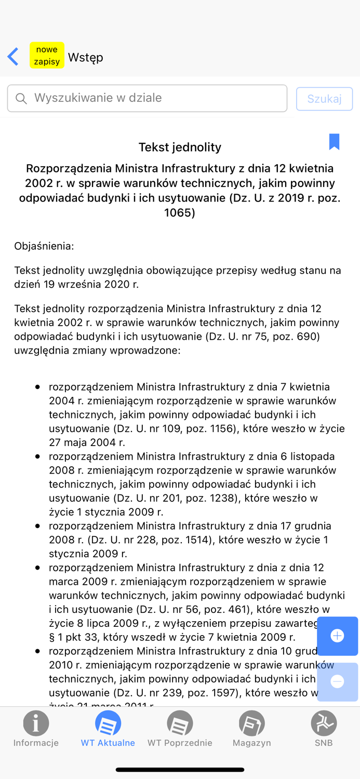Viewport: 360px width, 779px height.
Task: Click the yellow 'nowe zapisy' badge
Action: click(x=47, y=56)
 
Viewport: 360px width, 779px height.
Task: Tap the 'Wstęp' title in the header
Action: click(x=86, y=57)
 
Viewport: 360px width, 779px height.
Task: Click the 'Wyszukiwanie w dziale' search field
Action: click(x=156, y=98)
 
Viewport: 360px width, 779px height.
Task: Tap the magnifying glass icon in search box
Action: click(x=21, y=99)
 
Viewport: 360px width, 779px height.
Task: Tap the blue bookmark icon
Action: click(x=334, y=141)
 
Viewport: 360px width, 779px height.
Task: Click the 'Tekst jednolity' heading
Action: click(x=180, y=147)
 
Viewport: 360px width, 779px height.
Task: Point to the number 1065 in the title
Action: click(x=180, y=212)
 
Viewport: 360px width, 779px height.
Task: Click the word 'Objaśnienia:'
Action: click(x=44, y=246)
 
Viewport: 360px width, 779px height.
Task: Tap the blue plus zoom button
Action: click(x=337, y=636)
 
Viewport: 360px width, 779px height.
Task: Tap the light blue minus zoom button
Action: click(x=337, y=681)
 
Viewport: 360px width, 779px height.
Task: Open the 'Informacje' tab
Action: click(x=36, y=729)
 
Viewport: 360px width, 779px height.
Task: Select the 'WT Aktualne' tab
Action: click(x=108, y=729)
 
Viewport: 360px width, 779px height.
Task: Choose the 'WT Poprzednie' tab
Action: click(x=180, y=729)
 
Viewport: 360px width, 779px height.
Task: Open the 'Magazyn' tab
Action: click(x=252, y=729)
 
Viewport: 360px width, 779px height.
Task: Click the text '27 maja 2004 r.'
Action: click(x=87, y=442)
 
